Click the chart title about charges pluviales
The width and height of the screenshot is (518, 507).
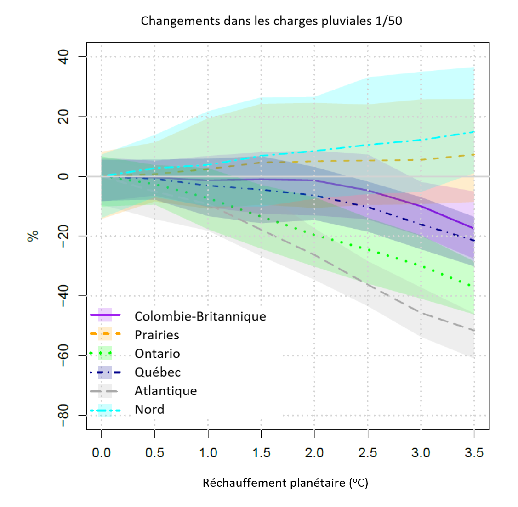pyautogui.click(x=271, y=21)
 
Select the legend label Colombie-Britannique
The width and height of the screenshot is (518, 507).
pyautogui.click(x=200, y=316)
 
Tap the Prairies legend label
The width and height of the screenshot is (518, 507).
pyautogui.click(x=157, y=335)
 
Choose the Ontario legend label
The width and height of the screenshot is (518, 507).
pyautogui.click(x=157, y=354)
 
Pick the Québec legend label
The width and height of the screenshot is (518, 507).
pyautogui.click(x=158, y=372)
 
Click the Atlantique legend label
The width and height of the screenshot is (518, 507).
pyautogui.click(x=165, y=391)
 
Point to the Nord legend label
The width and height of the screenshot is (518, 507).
pyautogui.click(x=149, y=410)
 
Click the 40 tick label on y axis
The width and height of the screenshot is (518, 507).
pyautogui.click(x=63, y=57)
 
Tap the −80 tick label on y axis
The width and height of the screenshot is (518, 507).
pyautogui.click(x=63, y=415)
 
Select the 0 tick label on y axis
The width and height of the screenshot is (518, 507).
pyautogui.click(x=63, y=176)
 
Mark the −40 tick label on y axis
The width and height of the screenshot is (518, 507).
pyautogui.click(x=63, y=296)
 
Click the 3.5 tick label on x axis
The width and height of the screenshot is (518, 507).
pyautogui.click(x=474, y=453)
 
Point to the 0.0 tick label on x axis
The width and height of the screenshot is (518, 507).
pyautogui.click(x=101, y=453)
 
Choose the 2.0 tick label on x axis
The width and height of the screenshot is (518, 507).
pyautogui.click(x=314, y=453)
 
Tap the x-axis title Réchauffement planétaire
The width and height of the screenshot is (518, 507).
pyautogui.click(x=285, y=483)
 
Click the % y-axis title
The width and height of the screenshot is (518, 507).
pyautogui.click(x=33, y=236)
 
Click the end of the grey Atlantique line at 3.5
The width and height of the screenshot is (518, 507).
pyautogui.click(x=474, y=330)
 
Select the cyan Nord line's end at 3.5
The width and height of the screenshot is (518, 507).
pyautogui.click(x=474, y=132)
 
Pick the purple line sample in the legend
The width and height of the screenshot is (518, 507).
pyautogui.click(x=105, y=315)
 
